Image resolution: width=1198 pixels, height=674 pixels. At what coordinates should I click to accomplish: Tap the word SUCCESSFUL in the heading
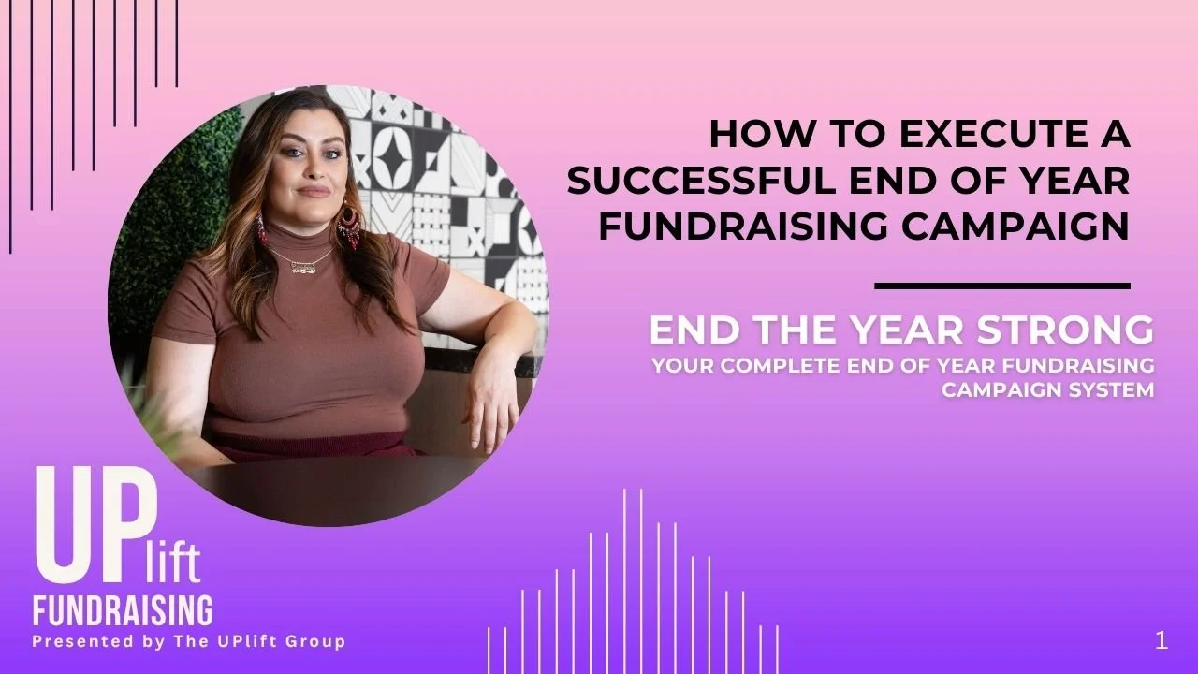pos(699,181)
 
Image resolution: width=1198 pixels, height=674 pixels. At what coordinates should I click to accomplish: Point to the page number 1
pos(1161,640)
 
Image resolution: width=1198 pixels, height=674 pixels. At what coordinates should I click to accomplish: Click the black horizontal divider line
pos(1002,286)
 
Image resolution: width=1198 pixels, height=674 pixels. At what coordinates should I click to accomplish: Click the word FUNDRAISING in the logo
pos(123,609)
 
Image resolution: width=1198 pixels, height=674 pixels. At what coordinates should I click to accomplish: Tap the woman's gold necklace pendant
pos(301,266)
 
